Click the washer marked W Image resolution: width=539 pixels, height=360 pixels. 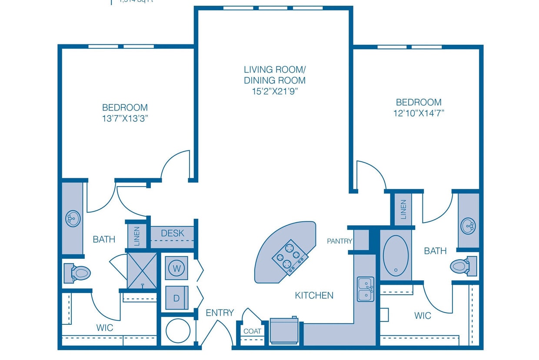[x=176, y=268]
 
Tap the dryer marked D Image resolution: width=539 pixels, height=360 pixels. [x=176, y=298]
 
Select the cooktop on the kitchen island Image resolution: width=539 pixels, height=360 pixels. [x=288, y=257]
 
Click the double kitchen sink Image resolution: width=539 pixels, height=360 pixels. [x=365, y=289]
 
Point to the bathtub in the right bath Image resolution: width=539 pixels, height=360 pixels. [x=396, y=255]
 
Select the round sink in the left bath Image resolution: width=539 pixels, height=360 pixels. [x=73, y=218]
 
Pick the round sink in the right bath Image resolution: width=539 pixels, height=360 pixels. [x=468, y=226]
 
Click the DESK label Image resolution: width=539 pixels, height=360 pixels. [x=173, y=233]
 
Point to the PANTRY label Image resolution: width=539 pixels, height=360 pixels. [x=339, y=241]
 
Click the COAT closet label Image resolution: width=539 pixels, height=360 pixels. [x=252, y=331]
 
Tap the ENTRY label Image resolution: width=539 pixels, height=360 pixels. [x=220, y=313]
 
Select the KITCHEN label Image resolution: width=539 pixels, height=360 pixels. [x=314, y=296]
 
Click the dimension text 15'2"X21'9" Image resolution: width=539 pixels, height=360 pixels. [x=274, y=91]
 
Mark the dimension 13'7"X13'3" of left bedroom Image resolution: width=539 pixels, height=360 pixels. [x=125, y=118]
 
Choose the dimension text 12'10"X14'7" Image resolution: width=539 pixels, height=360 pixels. [x=419, y=113]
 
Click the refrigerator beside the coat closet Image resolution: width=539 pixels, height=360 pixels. [x=284, y=330]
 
